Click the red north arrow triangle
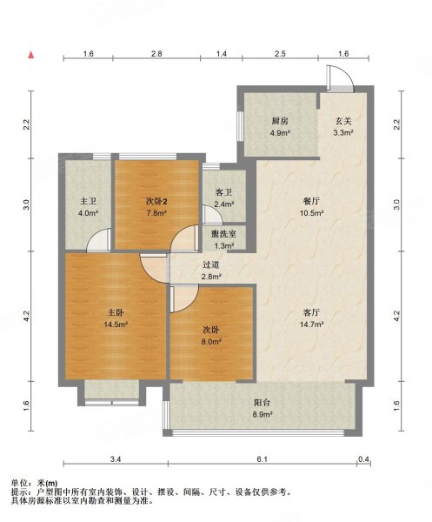[x=31, y=55]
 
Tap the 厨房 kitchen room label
[x=280, y=121]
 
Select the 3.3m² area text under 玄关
[x=343, y=133]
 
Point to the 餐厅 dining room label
[x=311, y=202]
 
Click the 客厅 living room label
[x=311, y=312]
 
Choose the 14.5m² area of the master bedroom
[x=116, y=325]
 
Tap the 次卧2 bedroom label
[x=156, y=202]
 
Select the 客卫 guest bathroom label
[x=223, y=192]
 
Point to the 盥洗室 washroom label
[x=223, y=234]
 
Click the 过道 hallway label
[x=211, y=265]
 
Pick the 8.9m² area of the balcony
[x=263, y=415]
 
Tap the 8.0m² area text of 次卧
[x=212, y=342]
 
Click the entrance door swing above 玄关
[x=340, y=78]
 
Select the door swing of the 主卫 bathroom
[x=98, y=240]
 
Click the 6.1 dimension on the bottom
[x=262, y=459]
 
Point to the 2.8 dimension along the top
[x=156, y=54]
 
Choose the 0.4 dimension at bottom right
[x=364, y=459]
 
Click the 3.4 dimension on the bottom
[x=116, y=459]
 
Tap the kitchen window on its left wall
[x=240, y=126]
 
